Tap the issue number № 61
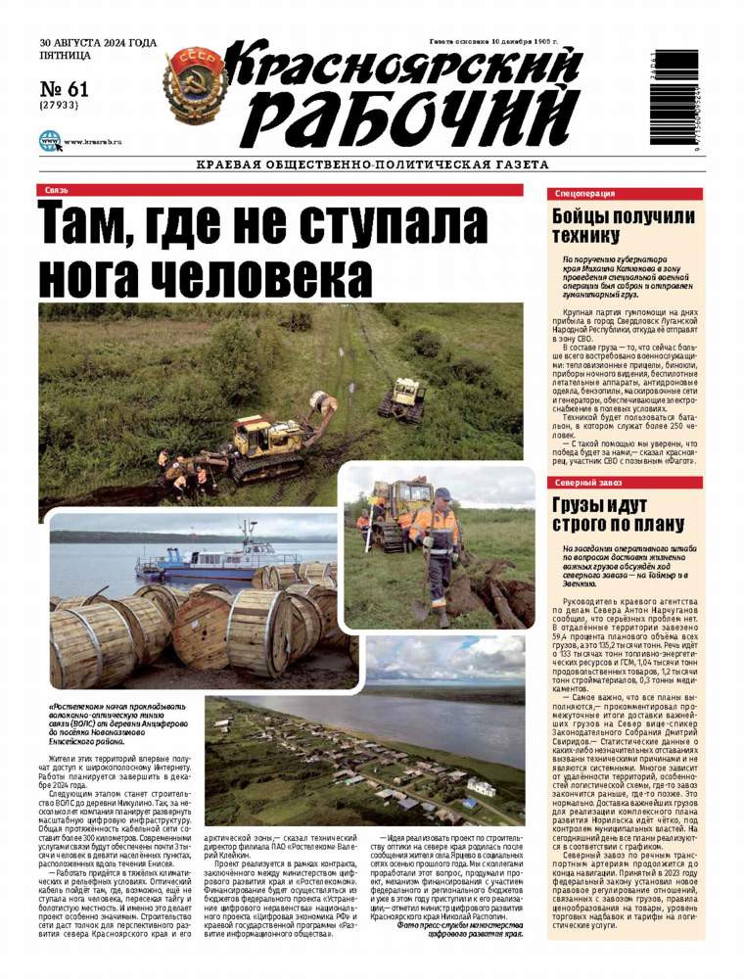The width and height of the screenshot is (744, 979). pyautogui.click(x=65, y=89)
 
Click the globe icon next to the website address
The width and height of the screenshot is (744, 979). pyautogui.click(x=49, y=141)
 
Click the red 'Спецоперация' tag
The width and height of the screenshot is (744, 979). pyautogui.click(x=584, y=193)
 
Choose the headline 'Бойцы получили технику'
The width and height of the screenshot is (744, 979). pyautogui.click(x=608, y=225)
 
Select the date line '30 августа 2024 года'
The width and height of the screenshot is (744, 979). pyautogui.click(x=98, y=44)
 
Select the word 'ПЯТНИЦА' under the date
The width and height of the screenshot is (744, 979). pyautogui.click(x=65, y=58)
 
